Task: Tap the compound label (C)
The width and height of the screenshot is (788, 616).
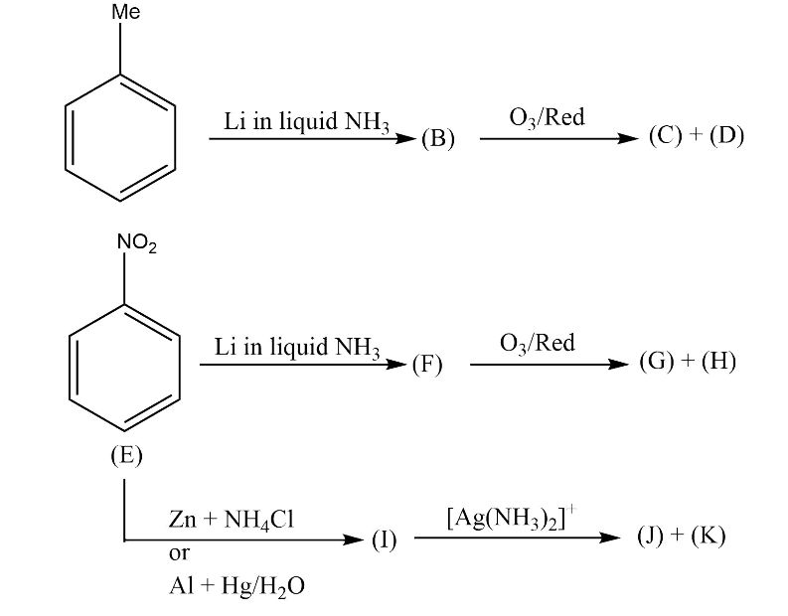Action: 665,135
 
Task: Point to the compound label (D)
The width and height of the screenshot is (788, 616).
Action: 725,135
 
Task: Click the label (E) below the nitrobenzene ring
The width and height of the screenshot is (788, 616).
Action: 126,455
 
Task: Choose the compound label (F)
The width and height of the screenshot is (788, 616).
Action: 427,364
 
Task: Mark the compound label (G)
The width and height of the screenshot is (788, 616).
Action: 657,361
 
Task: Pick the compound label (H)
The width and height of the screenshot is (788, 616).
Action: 718,361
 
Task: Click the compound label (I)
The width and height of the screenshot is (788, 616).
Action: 384,539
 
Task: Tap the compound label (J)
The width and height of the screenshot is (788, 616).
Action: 653,537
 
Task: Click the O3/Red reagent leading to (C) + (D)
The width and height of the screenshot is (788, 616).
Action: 547,117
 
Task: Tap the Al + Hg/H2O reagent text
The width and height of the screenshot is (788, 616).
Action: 236,586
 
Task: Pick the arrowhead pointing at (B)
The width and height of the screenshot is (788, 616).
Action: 407,139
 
